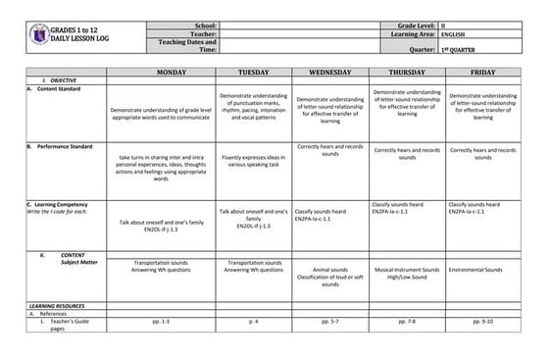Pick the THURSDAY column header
coord(407,73)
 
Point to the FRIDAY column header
coord(483,73)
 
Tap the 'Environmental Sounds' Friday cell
coord(483,269)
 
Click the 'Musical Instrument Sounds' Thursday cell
coord(407,269)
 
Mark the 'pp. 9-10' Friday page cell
coord(483,321)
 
